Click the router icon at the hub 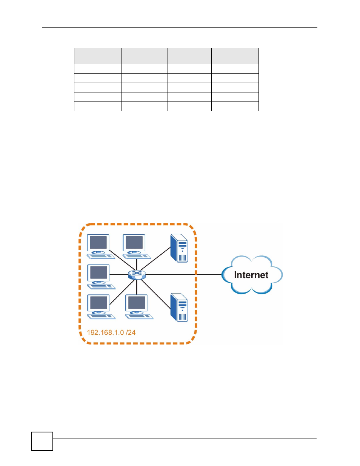tap(137, 275)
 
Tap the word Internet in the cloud tap(251, 275)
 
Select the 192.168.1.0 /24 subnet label tap(111, 332)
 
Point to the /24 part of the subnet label tap(131, 332)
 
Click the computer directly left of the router tap(101, 277)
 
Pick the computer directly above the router tap(137, 247)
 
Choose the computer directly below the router tap(139, 307)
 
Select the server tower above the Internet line tap(179, 248)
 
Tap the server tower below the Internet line tap(179, 308)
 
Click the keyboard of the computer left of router tap(102, 286)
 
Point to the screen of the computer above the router tap(134, 243)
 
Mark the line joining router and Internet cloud tap(183, 274)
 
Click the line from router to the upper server tap(155, 258)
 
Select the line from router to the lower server tap(156, 294)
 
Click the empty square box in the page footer tap(42, 441)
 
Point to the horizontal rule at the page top tap(180, 27)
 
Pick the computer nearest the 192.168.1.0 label tap(101, 307)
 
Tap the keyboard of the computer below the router tap(139, 317)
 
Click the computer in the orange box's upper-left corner tap(101, 247)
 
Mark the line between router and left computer tap(119, 274)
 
